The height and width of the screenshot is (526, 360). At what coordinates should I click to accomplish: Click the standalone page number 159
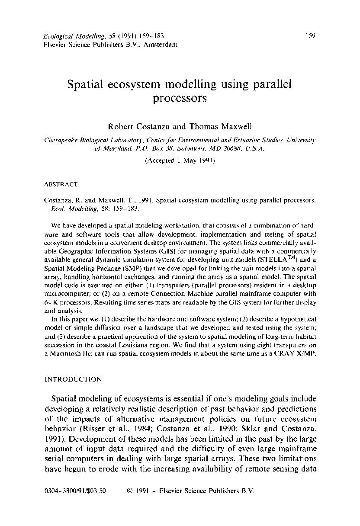point(310,35)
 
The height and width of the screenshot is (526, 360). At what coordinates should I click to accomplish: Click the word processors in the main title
point(180,98)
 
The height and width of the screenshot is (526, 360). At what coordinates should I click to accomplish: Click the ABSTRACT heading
point(61,184)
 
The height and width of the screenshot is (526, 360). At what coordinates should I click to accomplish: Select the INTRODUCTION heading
point(73,379)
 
